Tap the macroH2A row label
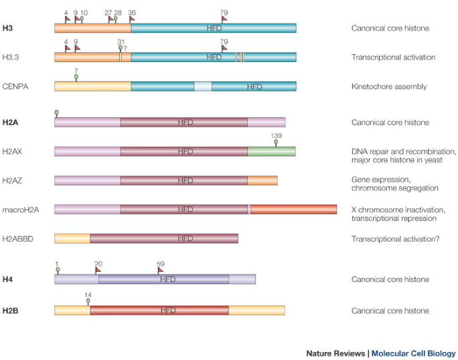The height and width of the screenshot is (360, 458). tap(21, 210)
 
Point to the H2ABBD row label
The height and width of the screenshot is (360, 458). tap(19, 238)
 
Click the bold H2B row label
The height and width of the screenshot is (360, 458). tap(10, 311)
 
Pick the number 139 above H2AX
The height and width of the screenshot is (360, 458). tap(276, 136)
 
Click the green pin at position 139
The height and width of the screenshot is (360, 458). tap(276, 143)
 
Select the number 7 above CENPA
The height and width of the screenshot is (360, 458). tap(76, 70)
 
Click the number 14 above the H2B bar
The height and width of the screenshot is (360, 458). tap(88, 295)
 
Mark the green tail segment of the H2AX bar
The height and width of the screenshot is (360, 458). tap(271, 152)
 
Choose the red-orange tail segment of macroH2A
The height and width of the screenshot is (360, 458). tap(294, 210)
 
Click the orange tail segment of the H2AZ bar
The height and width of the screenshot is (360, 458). tap(262, 181)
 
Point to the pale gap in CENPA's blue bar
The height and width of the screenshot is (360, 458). tap(203, 87)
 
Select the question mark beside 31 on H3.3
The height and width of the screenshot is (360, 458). tap(125, 47)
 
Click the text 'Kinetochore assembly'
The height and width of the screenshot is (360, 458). tap(389, 87)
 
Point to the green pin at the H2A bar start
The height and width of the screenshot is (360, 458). tap(57, 113)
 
